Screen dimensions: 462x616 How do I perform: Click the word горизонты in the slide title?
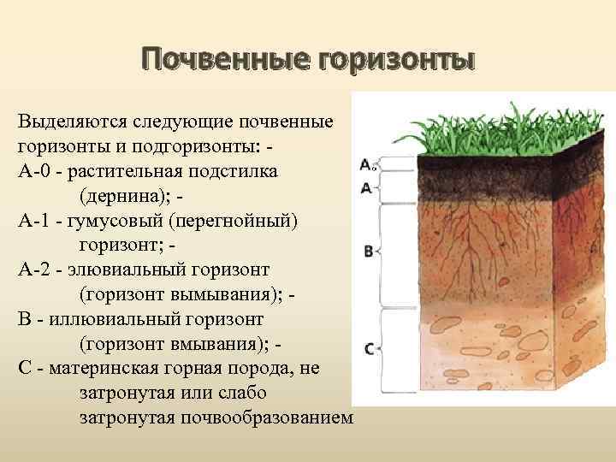pos(395,61)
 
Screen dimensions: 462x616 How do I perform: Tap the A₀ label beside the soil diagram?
pos(366,164)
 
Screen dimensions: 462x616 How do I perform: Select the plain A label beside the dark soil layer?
pos(365,187)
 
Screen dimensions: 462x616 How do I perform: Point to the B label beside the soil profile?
pos(368,252)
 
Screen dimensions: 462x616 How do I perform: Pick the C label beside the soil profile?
pos(368,348)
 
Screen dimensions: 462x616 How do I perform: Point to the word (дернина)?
pos(125,195)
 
